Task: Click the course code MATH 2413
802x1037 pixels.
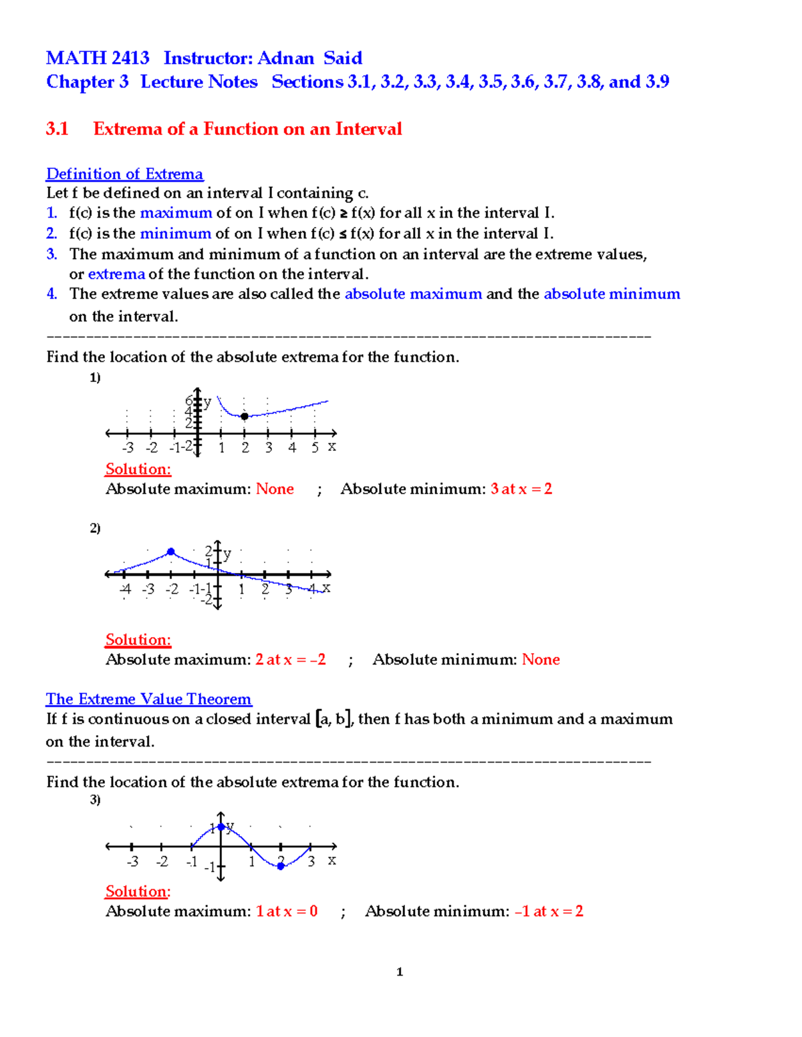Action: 98,58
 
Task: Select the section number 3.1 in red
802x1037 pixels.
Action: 57,129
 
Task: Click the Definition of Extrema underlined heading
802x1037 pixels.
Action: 124,174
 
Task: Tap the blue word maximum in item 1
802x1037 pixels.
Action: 176,213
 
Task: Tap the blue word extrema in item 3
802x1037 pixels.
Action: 116,274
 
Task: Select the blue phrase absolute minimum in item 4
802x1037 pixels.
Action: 612,294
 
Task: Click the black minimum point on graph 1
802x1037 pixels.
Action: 245,416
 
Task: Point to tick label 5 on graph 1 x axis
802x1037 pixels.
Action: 315,447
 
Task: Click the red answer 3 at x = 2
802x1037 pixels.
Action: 521,489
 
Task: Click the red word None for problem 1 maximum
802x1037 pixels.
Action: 275,489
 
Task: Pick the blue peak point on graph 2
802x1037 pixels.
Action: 171,552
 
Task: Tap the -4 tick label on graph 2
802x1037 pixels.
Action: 125,589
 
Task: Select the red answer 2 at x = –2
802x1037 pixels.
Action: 291,660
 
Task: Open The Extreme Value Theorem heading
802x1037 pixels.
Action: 148,699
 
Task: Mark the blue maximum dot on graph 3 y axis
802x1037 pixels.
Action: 221,827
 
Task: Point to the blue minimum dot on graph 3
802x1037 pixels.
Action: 281,866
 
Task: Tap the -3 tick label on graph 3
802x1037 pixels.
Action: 132,861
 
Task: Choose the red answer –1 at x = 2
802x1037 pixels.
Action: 549,911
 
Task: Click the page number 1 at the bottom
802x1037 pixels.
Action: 400,972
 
